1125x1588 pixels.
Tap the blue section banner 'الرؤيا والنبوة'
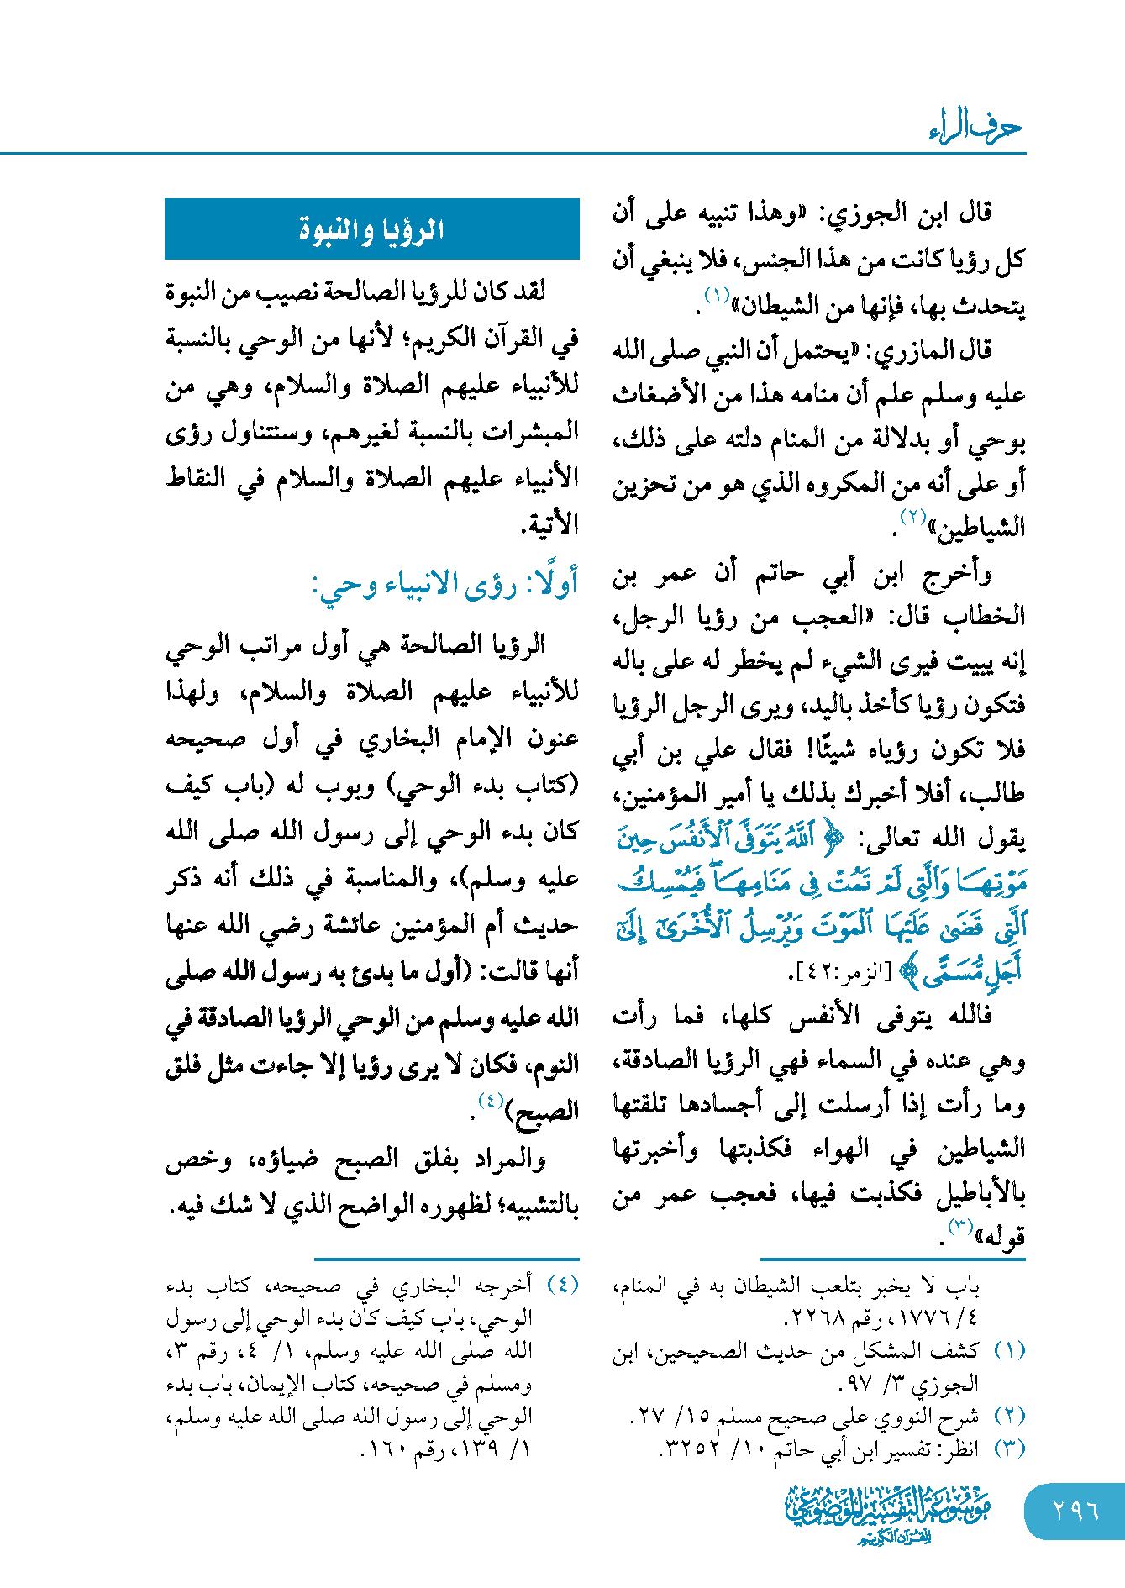click(371, 229)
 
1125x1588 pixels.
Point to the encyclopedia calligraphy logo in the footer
click(888, 1515)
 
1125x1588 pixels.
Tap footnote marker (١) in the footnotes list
click(1009, 1351)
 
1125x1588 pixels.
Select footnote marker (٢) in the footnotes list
click(1009, 1416)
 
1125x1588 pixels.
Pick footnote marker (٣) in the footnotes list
click(1009, 1449)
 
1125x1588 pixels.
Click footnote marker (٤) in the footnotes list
click(562, 1286)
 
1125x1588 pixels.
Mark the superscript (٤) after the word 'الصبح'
click(490, 1101)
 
